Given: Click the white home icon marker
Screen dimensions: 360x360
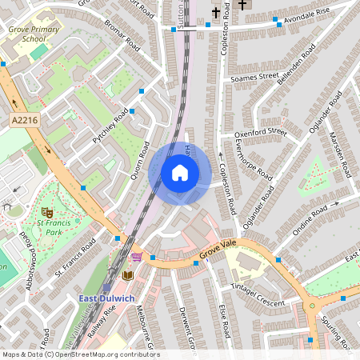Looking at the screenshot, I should tap(180, 172).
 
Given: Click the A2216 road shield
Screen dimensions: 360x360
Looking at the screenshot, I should tap(26, 119).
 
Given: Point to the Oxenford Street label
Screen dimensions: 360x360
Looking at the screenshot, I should tap(260, 132).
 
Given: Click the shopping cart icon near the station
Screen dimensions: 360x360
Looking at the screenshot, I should tap(136, 257).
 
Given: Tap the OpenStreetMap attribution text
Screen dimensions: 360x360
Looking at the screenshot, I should tap(80, 354).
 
